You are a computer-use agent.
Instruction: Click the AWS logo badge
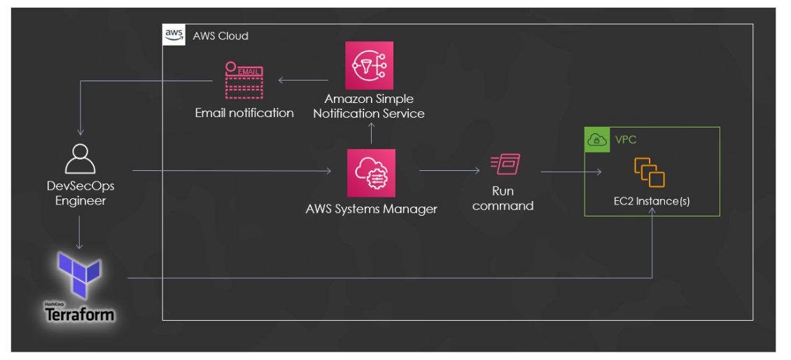174,35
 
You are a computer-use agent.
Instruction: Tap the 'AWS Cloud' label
220,36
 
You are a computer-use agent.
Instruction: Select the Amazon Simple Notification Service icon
369,65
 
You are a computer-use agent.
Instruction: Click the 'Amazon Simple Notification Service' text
369,106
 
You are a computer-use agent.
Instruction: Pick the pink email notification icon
244,81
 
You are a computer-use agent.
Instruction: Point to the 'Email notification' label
244,113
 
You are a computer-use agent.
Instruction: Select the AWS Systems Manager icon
371,173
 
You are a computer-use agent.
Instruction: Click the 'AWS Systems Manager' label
371,209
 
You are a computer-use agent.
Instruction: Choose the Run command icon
505,165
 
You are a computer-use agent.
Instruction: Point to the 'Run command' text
503,198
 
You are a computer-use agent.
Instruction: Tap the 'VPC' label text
626,140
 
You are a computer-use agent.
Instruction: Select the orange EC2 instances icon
649,172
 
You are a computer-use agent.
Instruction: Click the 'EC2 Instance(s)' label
652,202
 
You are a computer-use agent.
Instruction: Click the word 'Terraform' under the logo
80,314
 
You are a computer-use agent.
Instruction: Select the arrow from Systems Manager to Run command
449,169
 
